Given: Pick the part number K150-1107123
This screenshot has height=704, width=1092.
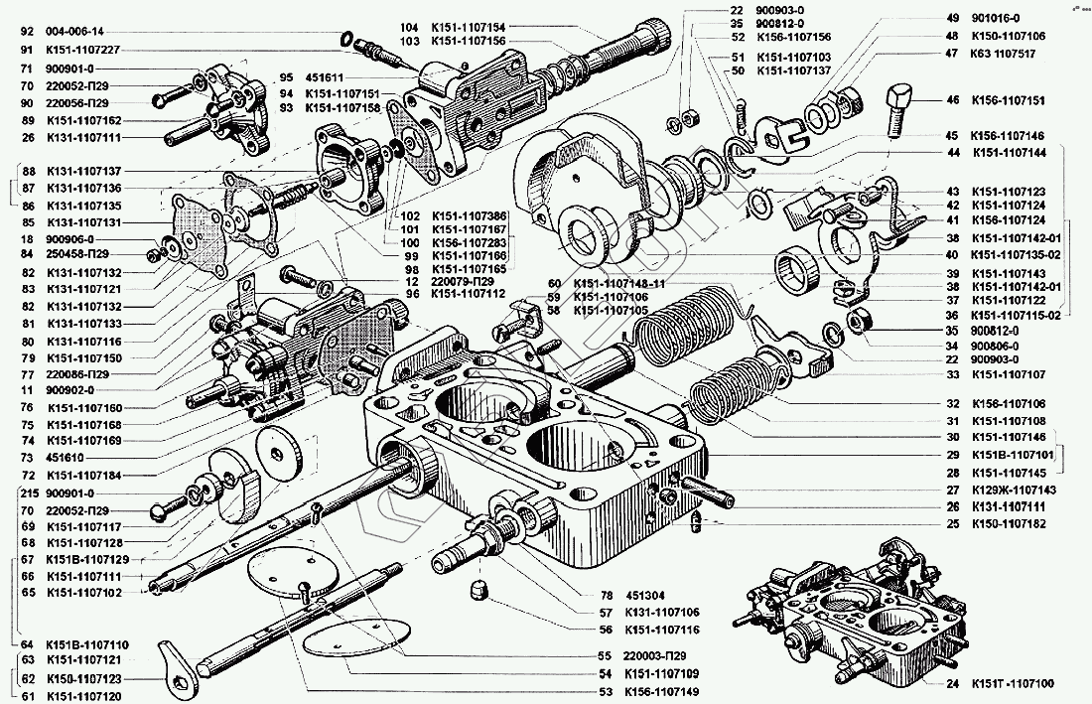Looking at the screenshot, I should click(83, 678).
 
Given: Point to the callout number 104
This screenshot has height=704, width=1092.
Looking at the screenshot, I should click(409, 26).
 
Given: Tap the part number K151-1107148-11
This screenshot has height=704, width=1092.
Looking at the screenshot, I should click(620, 283).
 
